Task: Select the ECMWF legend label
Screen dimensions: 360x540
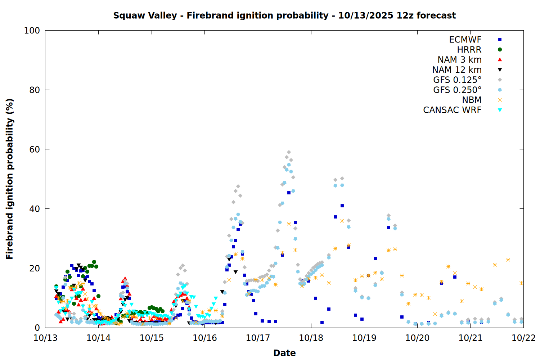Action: pos(465,40)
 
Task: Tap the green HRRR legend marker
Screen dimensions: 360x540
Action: pos(500,50)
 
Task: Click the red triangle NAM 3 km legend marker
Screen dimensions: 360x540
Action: pos(500,60)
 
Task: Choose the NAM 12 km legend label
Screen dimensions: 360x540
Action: pos(457,70)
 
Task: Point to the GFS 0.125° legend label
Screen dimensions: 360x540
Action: pos(457,80)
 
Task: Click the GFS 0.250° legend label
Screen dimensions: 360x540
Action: pos(457,90)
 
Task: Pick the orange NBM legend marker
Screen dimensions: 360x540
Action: pos(500,100)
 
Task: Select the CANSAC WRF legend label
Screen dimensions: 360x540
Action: pos(452,110)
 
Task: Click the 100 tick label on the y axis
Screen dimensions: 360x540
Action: pos(32,31)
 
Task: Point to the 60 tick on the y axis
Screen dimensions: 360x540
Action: pos(34,149)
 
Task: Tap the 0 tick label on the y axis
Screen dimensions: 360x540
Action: pos(37,328)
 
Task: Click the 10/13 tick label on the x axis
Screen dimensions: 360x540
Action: pos(45,338)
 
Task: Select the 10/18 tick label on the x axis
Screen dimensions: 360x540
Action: pos(311,338)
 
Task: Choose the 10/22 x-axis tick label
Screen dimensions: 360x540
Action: pos(523,338)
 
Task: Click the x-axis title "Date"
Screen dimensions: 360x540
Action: pos(284,353)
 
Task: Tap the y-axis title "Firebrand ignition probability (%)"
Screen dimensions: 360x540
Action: pos(10,179)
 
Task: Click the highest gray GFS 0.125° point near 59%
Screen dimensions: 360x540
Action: pos(289,152)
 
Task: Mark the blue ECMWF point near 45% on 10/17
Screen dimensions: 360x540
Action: pos(289,193)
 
